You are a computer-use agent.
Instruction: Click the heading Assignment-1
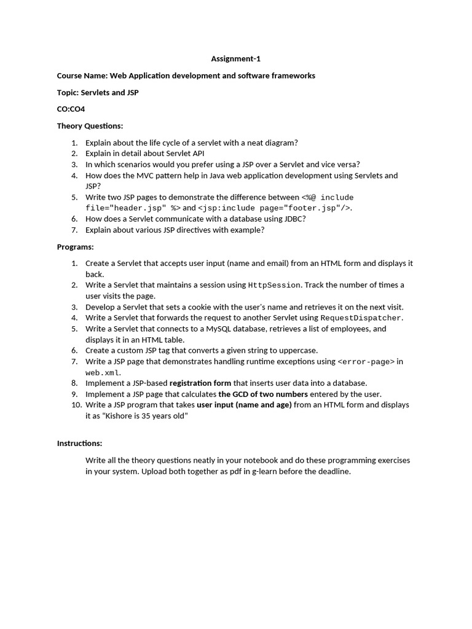click(x=231, y=59)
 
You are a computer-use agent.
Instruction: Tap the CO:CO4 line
click(x=71, y=109)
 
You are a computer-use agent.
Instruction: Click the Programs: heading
click(x=75, y=246)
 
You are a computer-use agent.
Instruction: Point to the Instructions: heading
click(x=79, y=443)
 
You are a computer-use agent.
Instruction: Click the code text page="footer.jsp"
click(x=304, y=208)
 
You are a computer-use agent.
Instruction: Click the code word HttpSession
click(x=274, y=285)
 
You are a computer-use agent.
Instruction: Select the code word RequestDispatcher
click(x=361, y=318)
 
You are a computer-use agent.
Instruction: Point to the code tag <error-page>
click(x=366, y=362)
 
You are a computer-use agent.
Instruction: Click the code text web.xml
click(x=103, y=373)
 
